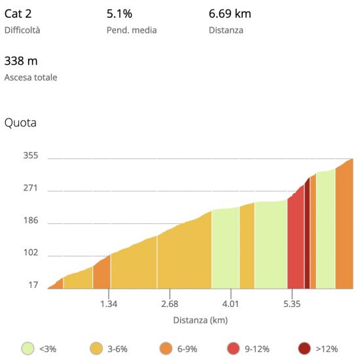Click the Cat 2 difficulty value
coord(18,14)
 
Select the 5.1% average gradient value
coord(119,14)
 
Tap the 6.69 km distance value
coord(230,14)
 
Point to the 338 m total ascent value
coord(21,61)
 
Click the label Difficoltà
coord(22,30)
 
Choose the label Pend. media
coord(132,30)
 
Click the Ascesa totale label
coord(31,77)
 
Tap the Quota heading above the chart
coord(20,122)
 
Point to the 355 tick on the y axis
coord(31,155)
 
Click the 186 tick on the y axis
coord(31,221)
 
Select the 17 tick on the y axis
coord(33,285)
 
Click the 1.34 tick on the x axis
coord(109,304)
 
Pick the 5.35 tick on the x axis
coord(292,304)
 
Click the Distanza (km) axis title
coord(200,320)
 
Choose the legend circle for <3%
coord(27,348)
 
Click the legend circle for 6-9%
coord(166,348)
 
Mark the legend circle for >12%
coord(304,348)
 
